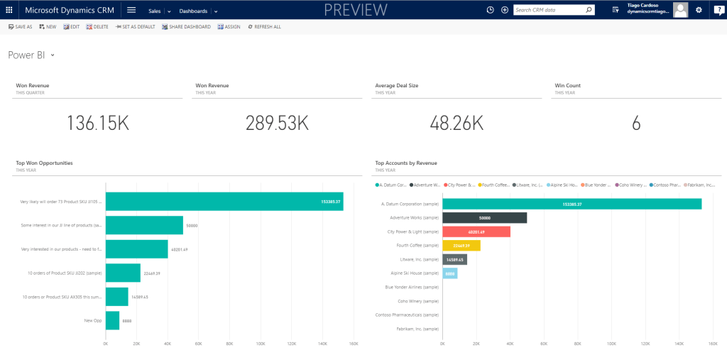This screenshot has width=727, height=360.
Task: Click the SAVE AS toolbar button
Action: (20, 26)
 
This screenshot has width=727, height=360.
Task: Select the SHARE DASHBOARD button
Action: (186, 26)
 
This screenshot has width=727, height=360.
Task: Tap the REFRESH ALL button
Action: (264, 26)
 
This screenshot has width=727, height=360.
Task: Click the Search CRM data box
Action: (548, 10)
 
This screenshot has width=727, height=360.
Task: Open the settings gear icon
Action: (699, 10)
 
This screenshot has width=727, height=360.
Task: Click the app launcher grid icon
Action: (9, 10)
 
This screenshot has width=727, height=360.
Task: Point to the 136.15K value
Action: (98, 123)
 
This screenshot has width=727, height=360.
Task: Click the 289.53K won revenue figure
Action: (277, 123)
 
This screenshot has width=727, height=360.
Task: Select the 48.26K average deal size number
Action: (457, 123)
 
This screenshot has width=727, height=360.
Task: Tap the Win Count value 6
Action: (636, 123)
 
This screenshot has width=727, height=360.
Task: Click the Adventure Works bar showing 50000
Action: (484, 217)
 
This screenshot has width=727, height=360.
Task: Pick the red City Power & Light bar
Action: (476, 231)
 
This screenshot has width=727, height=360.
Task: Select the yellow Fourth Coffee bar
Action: (461, 246)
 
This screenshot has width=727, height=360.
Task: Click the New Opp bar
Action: (112, 320)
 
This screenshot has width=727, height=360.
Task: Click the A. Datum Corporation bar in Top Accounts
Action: (572, 204)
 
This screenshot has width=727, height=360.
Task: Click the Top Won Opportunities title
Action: (44, 163)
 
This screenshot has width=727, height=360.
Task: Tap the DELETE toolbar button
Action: (97, 26)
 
